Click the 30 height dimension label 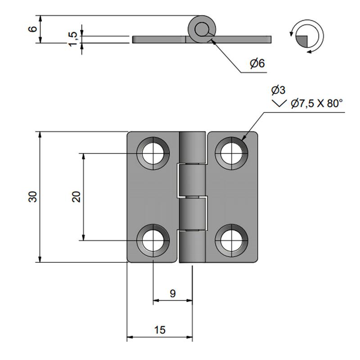click(x=32, y=197)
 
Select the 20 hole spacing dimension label click(x=76, y=197)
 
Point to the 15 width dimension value click(x=159, y=330)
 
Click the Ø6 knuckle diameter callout click(x=257, y=63)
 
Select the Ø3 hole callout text click(x=278, y=90)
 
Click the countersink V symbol click(x=279, y=104)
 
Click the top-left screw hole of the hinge click(x=153, y=153)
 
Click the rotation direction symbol click(x=306, y=36)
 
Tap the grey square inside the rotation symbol click(x=302, y=40)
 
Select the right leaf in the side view click(x=243, y=39)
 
